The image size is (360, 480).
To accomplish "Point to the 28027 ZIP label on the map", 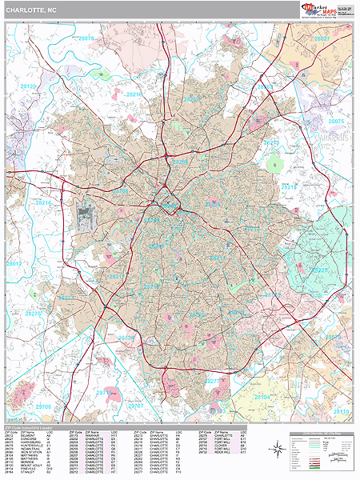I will click(322, 38).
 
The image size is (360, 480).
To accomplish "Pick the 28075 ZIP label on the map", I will click(336, 121).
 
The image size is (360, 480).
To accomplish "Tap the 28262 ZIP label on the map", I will click(265, 86).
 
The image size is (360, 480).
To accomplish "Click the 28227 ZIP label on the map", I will click(319, 270).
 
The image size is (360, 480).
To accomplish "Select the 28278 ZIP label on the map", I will click(33, 314).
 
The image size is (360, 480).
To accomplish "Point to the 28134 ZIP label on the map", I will click(126, 338).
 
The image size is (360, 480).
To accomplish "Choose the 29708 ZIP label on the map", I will click(43, 406).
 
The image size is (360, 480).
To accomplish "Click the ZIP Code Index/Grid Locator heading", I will click(32, 425).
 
